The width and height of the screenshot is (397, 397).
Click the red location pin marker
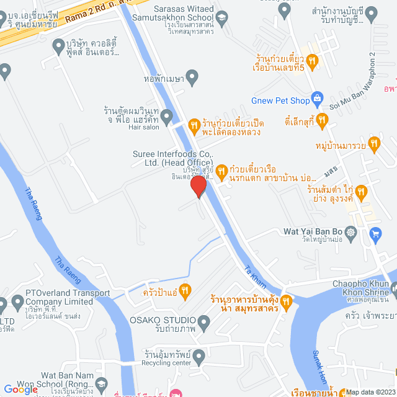click(198, 186)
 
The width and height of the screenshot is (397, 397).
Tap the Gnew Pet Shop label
click(280, 100)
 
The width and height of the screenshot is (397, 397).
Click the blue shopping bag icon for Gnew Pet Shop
click(317, 97)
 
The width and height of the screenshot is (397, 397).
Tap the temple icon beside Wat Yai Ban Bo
click(351, 232)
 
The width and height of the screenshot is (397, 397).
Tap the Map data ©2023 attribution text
click(370, 392)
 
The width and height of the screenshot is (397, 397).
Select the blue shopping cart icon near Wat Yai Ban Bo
click(375, 233)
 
